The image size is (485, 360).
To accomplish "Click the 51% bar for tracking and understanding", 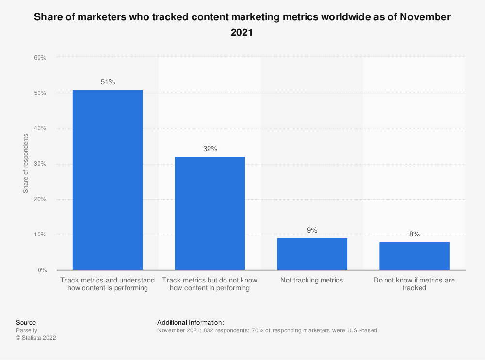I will click(108, 180).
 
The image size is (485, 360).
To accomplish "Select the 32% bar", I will click(210, 213).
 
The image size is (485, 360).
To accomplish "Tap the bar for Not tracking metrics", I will click(312, 254).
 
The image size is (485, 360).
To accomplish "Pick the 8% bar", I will click(414, 256).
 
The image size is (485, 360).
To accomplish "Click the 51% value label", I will click(108, 82).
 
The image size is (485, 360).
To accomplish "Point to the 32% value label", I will click(210, 149).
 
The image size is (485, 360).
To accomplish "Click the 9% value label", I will click(312, 231).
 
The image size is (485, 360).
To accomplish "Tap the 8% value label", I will click(414, 234).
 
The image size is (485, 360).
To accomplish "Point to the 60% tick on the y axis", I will click(40, 58).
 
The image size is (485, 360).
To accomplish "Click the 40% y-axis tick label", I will click(40, 128).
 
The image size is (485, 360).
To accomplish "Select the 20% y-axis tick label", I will click(40, 199).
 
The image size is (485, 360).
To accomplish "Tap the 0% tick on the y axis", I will click(41, 270).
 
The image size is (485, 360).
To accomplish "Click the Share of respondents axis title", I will click(26, 163).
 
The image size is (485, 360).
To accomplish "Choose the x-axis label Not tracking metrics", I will click(312, 280).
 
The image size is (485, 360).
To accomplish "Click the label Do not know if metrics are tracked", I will click(414, 284).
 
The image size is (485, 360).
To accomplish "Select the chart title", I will click(242, 25).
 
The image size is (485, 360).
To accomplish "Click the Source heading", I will click(26, 322).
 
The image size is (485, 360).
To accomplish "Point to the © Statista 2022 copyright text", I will click(36, 338).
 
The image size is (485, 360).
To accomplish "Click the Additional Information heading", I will click(191, 322).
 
